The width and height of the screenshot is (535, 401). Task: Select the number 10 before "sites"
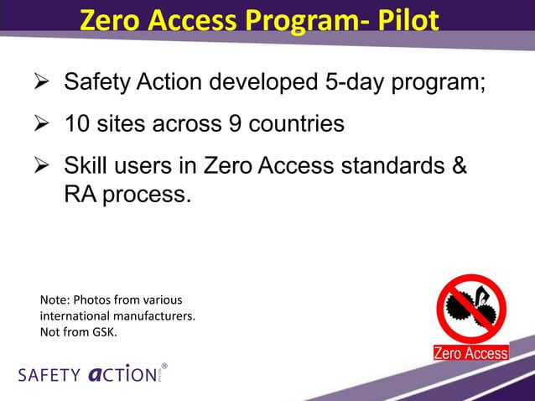(x=78, y=125)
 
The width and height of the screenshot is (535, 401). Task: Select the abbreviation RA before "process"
(x=81, y=195)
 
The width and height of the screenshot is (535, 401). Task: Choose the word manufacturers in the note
(x=157, y=315)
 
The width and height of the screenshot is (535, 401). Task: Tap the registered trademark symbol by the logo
(x=164, y=367)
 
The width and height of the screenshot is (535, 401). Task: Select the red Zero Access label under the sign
(x=470, y=353)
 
